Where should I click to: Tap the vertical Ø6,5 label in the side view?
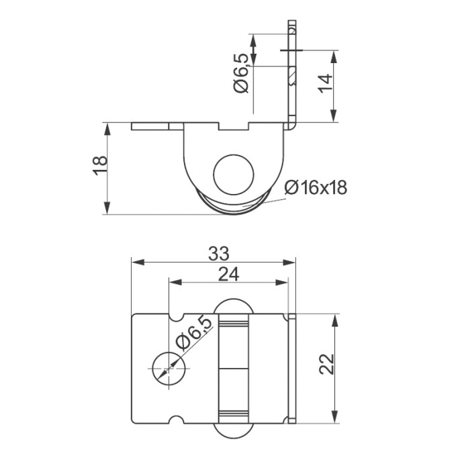[x=242, y=76]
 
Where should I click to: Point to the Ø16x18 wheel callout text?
[x=315, y=188]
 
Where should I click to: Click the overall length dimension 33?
[x=219, y=253]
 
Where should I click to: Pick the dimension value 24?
[x=229, y=273]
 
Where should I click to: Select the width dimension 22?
[x=325, y=366]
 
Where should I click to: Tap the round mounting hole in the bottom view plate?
[x=166, y=369]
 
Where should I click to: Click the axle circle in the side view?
[x=234, y=176]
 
